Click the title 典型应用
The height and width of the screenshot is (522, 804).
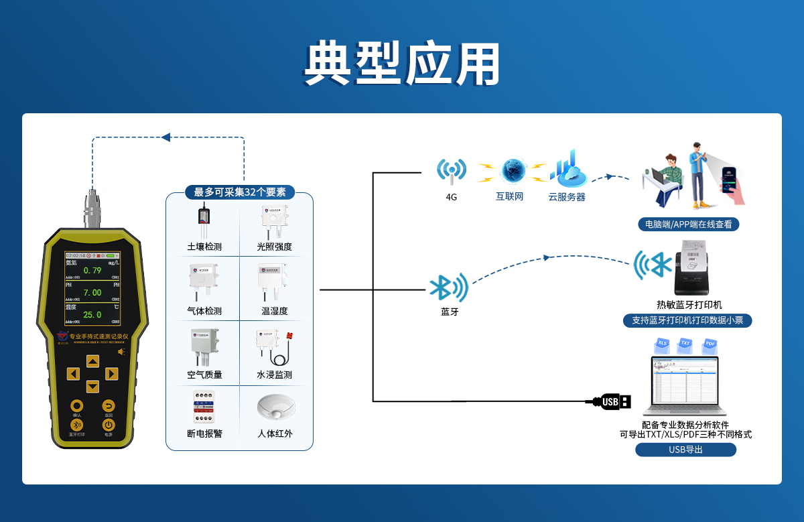coord(402,64)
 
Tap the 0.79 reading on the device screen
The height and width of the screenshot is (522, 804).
coord(92,271)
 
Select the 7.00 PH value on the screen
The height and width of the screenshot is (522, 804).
coord(92,293)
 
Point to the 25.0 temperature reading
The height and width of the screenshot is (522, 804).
coord(92,315)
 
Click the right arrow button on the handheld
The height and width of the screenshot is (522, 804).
coord(111,374)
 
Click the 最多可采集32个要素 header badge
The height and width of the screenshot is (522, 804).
coord(240,192)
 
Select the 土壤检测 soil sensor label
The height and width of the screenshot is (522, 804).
coord(204,247)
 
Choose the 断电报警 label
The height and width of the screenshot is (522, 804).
coord(204,434)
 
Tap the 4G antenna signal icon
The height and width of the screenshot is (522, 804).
coord(451,172)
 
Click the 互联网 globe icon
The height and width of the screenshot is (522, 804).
coord(514,171)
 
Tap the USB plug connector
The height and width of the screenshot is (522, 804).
coord(610,401)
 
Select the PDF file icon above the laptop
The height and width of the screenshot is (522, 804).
coord(709,346)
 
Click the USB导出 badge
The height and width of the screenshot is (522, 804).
coord(685,450)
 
